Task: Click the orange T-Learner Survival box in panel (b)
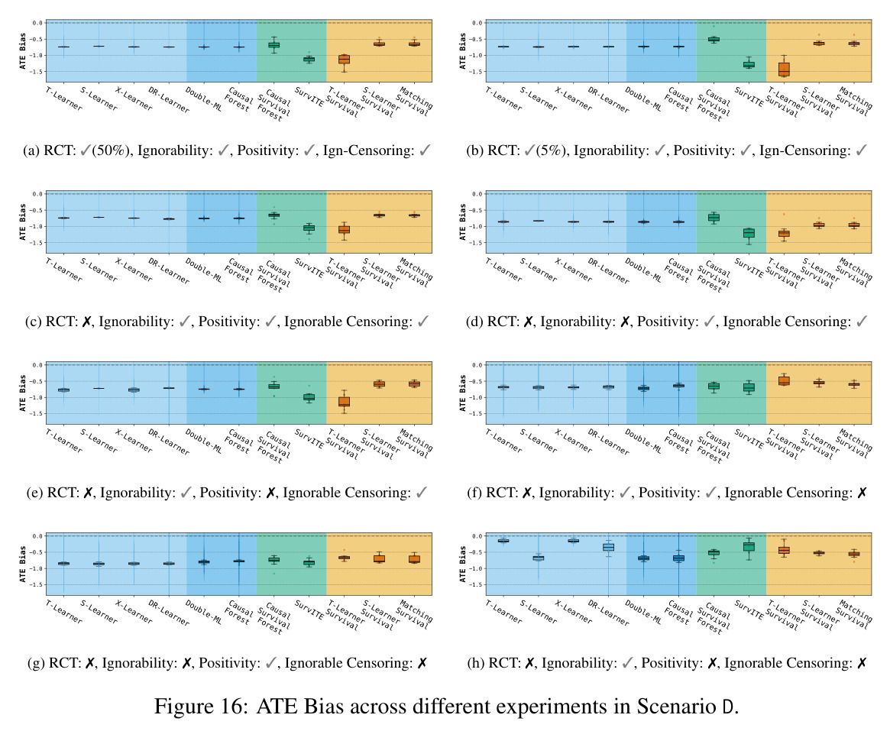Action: pyautogui.click(x=783, y=69)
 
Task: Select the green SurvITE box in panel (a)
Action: pyautogui.click(x=309, y=59)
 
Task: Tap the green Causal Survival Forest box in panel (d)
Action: pyautogui.click(x=714, y=218)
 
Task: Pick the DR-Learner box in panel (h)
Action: pyautogui.click(x=608, y=547)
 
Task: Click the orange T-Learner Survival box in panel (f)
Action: pyautogui.click(x=783, y=380)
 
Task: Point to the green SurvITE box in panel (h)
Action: pyautogui.click(x=749, y=546)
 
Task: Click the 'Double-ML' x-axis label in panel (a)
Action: pyautogui.click(x=204, y=99)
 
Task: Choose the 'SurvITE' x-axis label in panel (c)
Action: pyautogui.click(x=309, y=268)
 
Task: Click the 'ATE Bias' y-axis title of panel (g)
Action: pyautogui.click(x=23, y=564)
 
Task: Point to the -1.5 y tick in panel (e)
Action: pyautogui.click(x=37, y=414)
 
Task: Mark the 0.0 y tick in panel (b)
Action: pyautogui.click(x=477, y=23)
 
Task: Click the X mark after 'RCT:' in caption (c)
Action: pyautogui.click(x=87, y=322)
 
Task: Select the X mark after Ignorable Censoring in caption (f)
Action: pyautogui.click(x=862, y=493)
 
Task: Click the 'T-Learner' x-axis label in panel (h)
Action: pyautogui.click(x=503, y=611)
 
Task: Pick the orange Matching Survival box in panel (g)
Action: pyautogui.click(x=414, y=559)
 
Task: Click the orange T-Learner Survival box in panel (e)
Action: pyautogui.click(x=344, y=401)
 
